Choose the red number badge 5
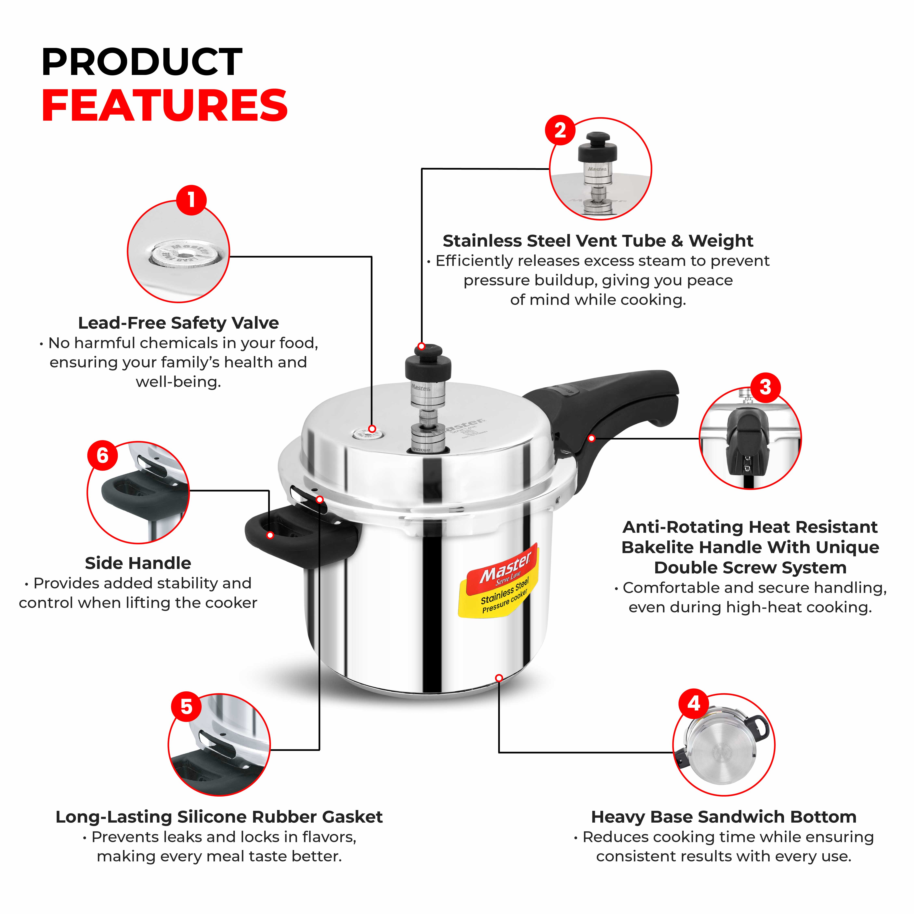[x=186, y=707]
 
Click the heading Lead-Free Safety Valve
[x=178, y=323]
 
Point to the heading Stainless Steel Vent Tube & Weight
[x=598, y=241]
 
